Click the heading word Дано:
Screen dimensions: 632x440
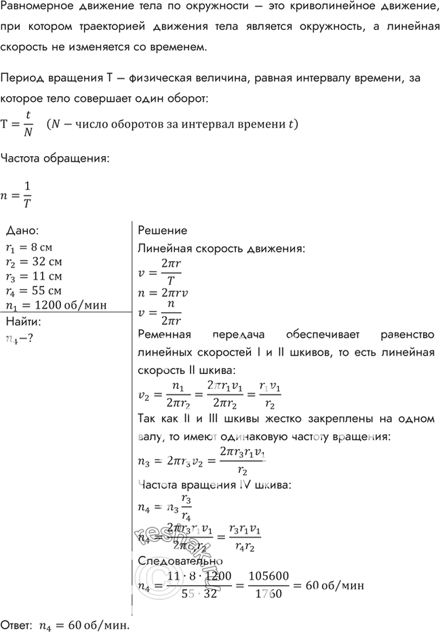point(26,231)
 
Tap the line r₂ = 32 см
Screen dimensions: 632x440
point(33,262)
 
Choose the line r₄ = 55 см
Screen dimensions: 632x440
point(33,291)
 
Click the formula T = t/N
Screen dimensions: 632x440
point(19,124)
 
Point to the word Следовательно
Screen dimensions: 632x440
point(180,561)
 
